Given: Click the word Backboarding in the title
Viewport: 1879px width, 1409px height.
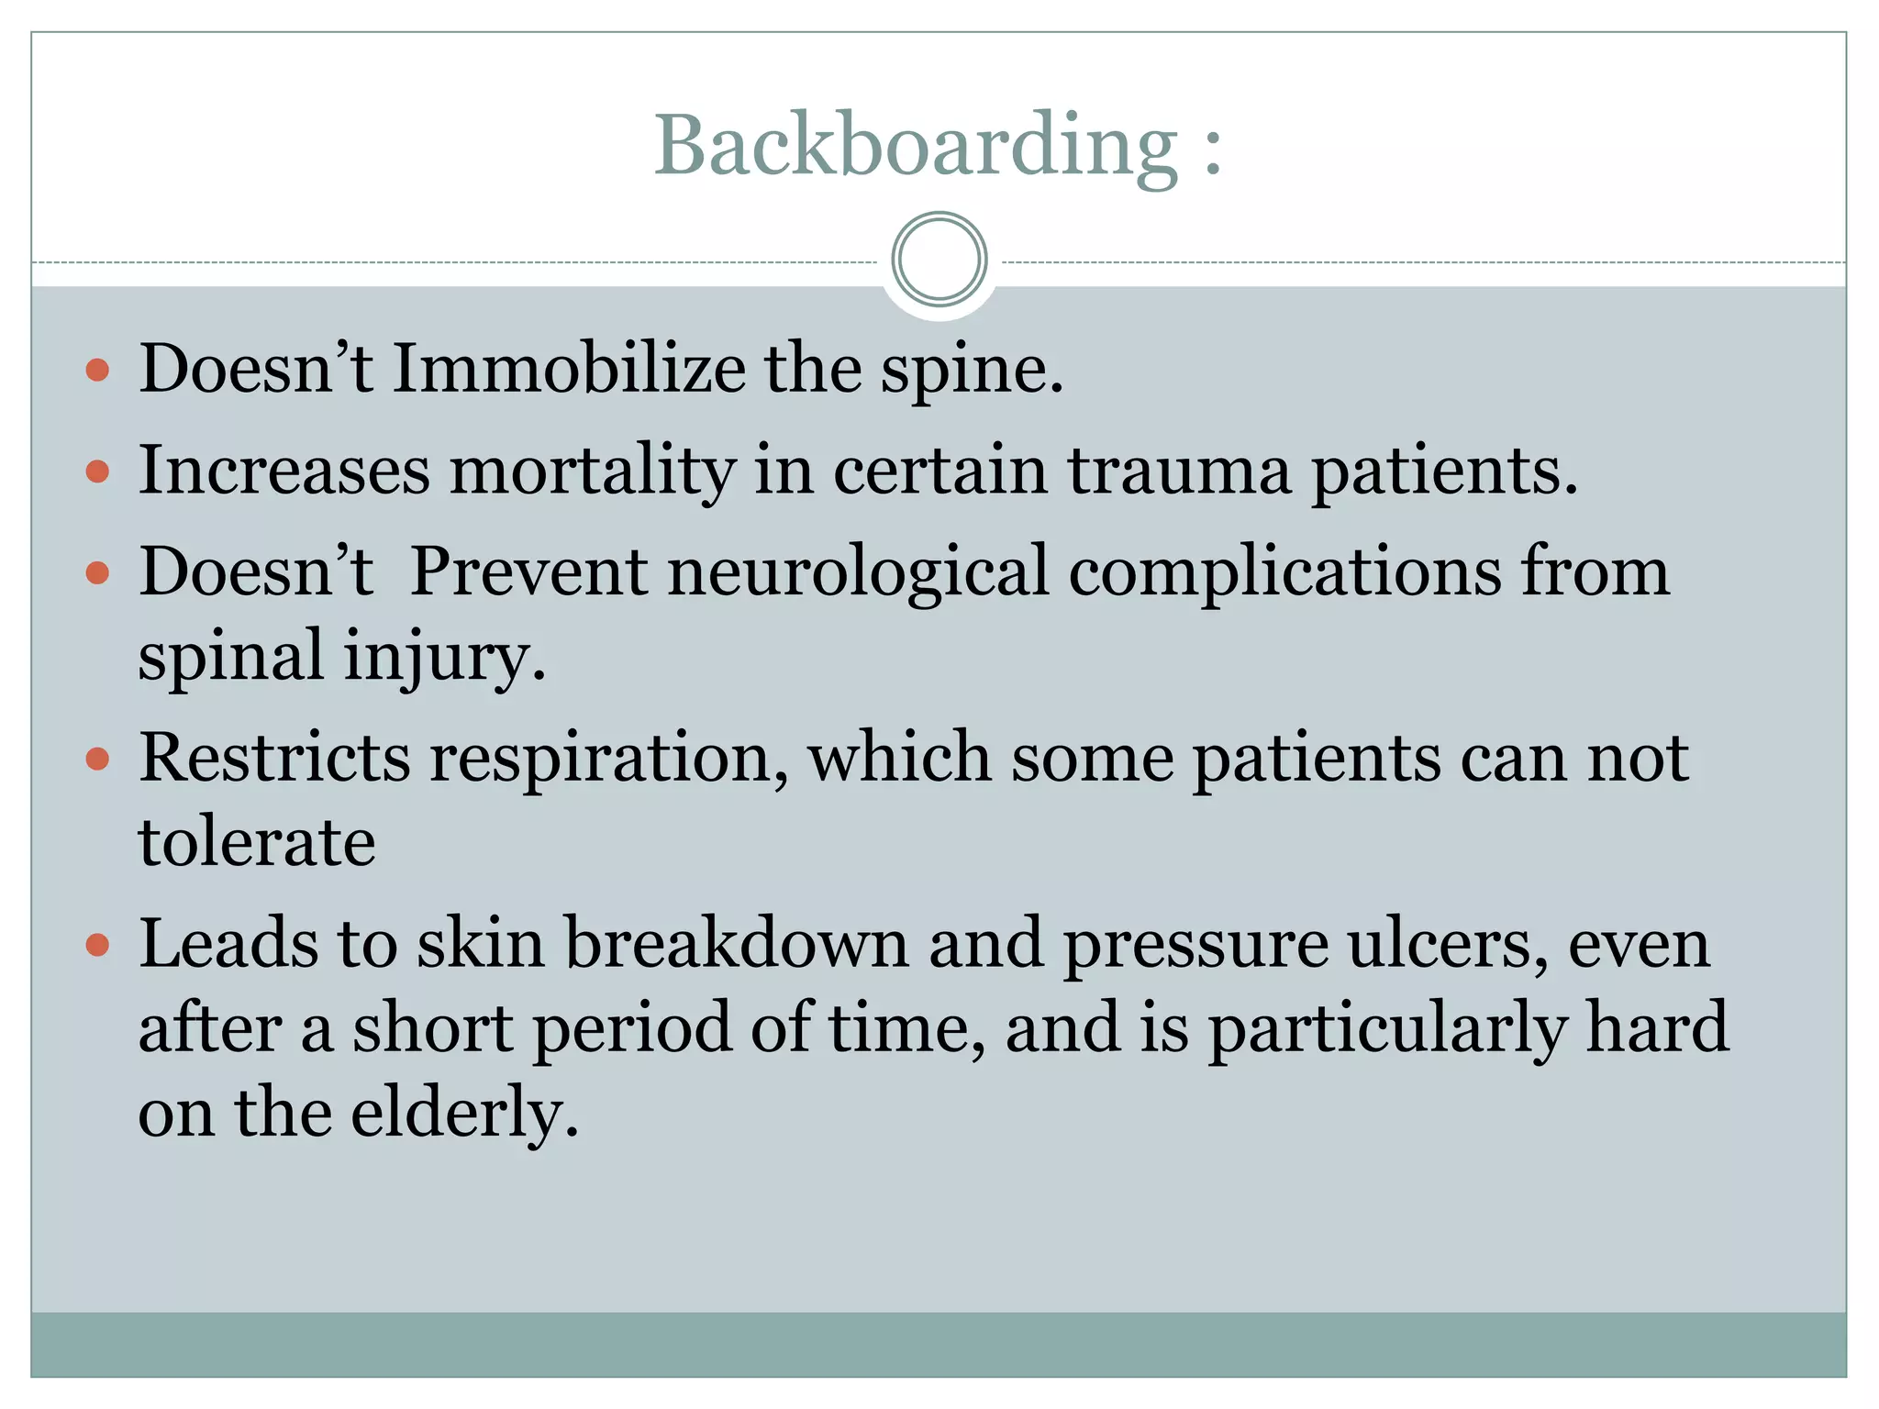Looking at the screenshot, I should [915, 146].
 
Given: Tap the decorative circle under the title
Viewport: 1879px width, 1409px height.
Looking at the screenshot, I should [939, 260].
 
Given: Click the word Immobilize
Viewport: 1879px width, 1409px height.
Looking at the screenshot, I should [569, 369].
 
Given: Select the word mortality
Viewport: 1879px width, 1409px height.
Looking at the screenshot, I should [592, 471].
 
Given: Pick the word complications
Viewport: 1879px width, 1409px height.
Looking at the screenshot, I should [1284, 572].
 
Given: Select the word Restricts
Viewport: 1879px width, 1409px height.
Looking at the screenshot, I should [274, 759].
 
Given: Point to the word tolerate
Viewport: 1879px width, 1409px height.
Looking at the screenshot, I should [257, 842].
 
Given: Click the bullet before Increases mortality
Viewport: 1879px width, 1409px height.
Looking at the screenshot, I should [97, 472].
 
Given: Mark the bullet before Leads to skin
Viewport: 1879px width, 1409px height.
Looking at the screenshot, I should [97, 945].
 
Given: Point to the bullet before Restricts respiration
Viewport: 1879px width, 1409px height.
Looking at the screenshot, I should [97, 760].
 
